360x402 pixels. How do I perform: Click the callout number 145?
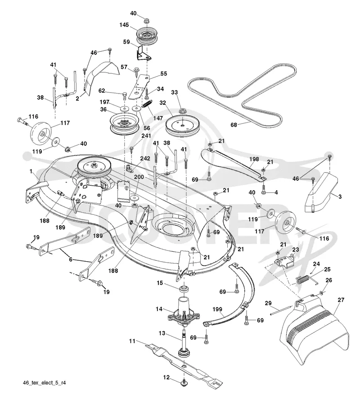click(x=124, y=25)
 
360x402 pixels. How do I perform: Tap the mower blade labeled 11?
click(x=184, y=364)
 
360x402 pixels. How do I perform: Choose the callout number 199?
click(x=217, y=309)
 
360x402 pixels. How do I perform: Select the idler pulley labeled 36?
click(x=125, y=124)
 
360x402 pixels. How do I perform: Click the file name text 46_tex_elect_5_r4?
click(x=44, y=383)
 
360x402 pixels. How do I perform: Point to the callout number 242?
click(x=145, y=158)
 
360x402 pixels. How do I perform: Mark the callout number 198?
click(x=254, y=159)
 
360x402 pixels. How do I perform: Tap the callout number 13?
click(x=162, y=333)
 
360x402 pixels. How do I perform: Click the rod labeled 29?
click(x=281, y=310)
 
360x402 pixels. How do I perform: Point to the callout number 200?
click(x=139, y=177)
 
